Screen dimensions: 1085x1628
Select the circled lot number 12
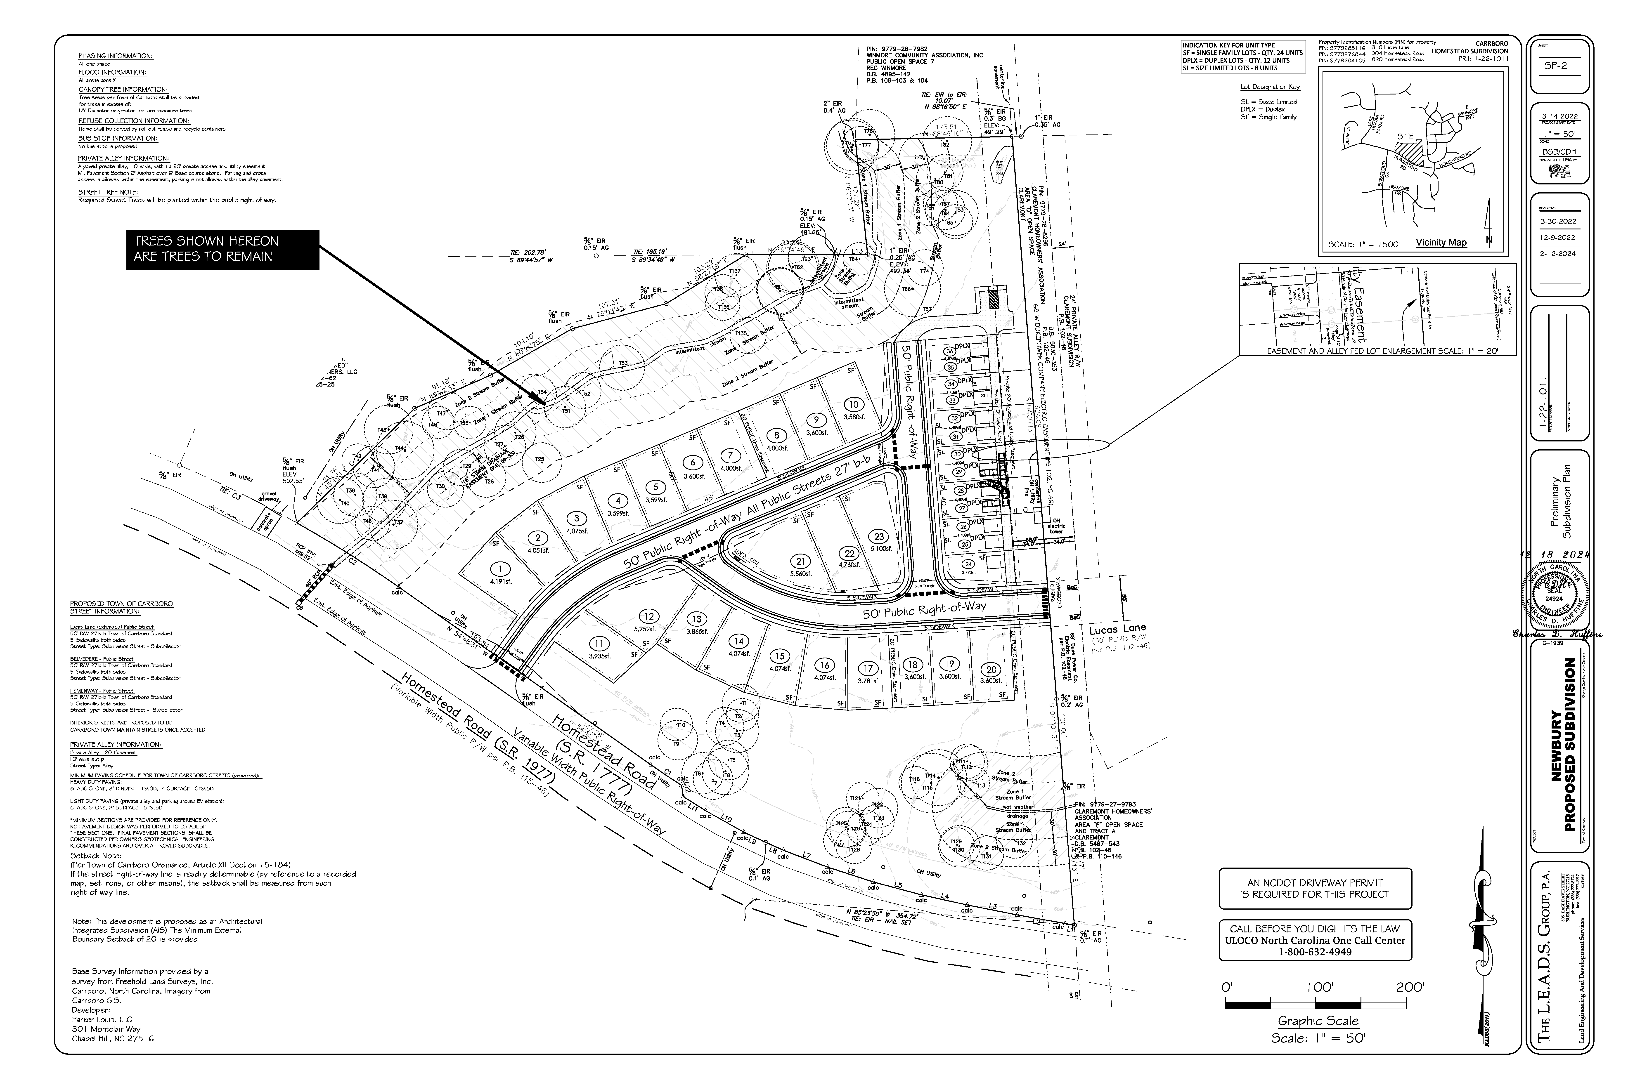(648, 617)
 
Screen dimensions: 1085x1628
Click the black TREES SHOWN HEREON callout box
(222, 249)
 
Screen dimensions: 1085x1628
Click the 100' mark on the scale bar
(1319, 987)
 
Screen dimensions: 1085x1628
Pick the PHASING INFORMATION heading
(116, 56)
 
